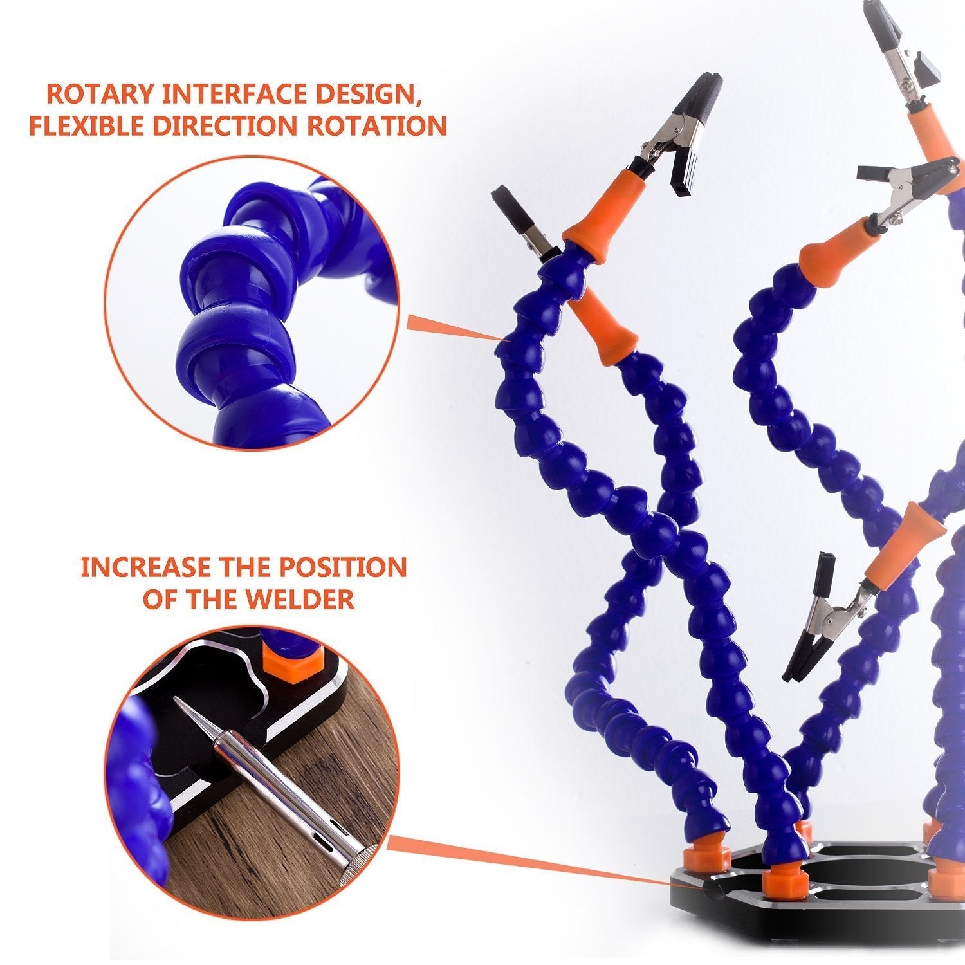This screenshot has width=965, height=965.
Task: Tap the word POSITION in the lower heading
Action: (342, 567)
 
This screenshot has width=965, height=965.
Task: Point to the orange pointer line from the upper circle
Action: (454, 327)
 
